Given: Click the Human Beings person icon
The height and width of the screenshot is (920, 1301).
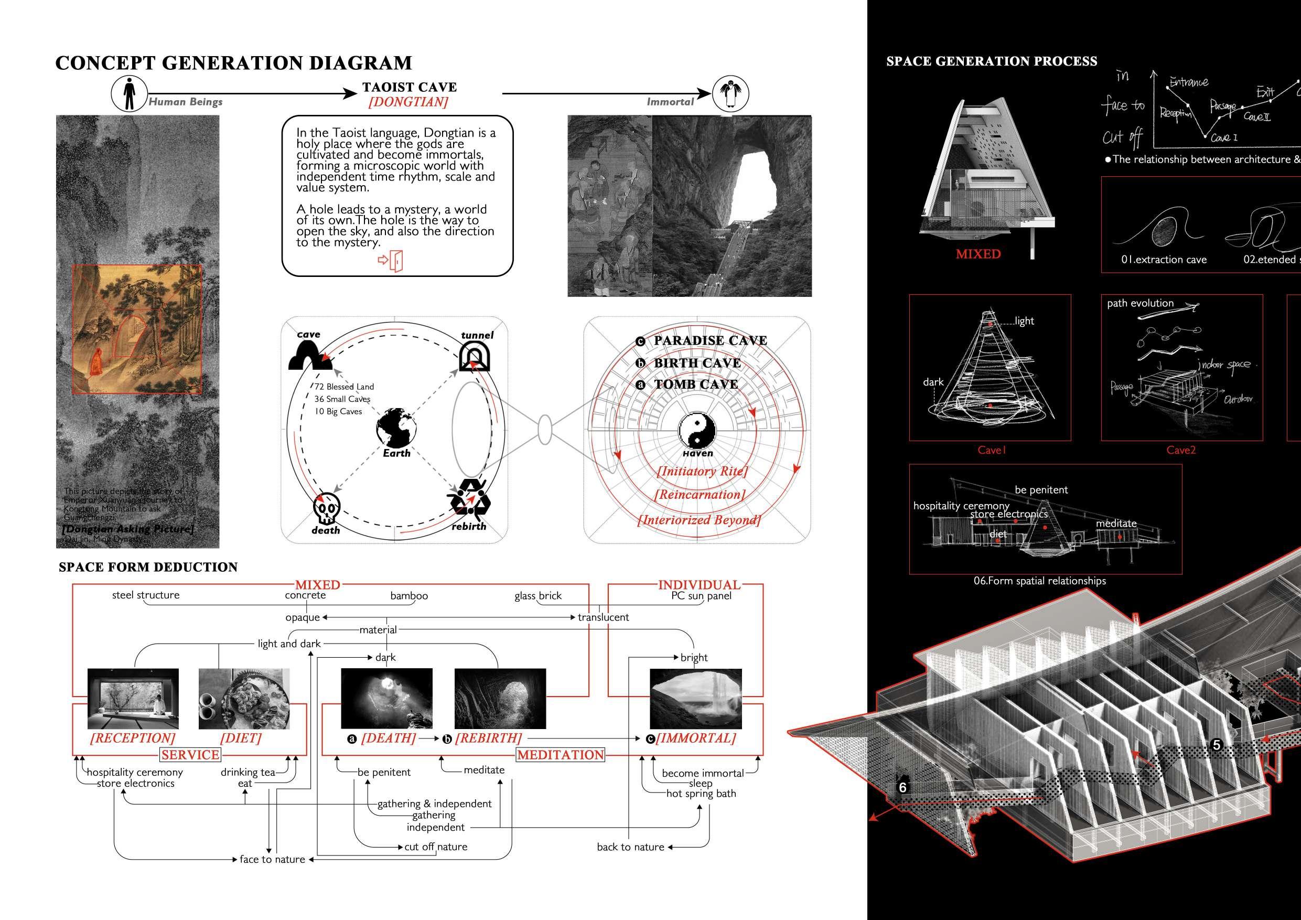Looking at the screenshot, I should [x=129, y=93].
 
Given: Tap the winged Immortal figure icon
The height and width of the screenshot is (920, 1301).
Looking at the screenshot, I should [x=730, y=93].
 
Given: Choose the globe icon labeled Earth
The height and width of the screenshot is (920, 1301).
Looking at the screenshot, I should [x=396, y=427].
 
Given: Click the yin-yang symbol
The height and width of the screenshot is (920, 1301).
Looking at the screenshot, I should [x=697, y=430].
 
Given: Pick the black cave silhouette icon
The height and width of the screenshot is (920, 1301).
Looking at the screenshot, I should [x=309, y=356].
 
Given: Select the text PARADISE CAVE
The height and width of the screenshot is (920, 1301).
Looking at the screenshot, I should [x=710, y=341].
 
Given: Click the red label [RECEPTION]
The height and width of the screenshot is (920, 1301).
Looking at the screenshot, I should [x=133, y=738].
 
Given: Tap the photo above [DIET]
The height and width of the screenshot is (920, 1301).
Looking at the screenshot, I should [x=244, y=698].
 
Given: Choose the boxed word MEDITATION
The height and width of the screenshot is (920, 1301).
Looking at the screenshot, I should [x=560, y=755].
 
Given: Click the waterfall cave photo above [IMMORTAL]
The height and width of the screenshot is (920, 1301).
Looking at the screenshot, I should [x=695, y=698].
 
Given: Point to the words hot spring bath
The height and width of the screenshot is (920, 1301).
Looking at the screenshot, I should [x=701, y=794].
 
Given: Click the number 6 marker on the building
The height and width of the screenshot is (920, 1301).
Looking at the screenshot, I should [x=902, y=787].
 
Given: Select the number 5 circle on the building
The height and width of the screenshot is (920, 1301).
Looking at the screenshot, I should [x=1217, y=745].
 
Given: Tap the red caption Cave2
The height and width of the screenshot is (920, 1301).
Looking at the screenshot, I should [x=1181, y=450].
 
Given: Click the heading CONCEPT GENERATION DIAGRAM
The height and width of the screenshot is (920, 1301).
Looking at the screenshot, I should [x=233, y=63].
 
